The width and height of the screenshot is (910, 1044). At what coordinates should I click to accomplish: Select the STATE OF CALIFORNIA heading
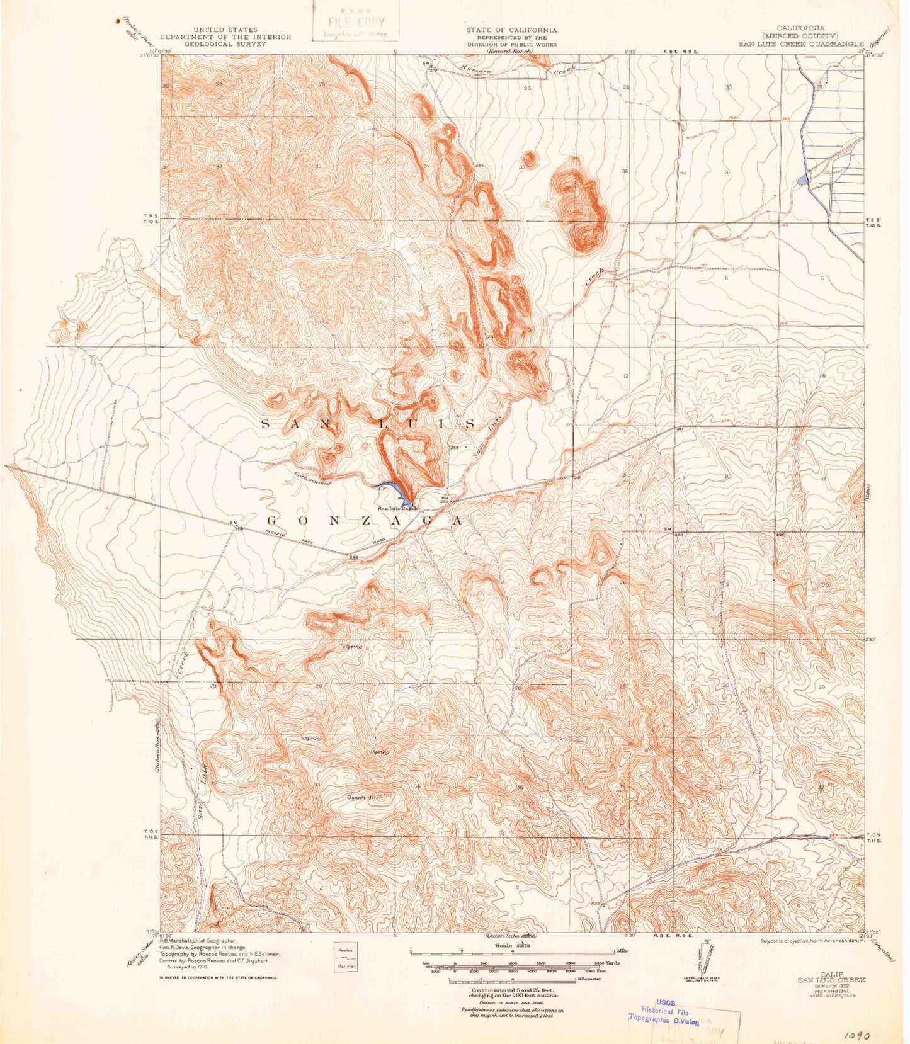(511, 30)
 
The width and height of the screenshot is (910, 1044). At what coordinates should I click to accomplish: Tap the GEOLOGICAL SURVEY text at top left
(225, 45)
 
